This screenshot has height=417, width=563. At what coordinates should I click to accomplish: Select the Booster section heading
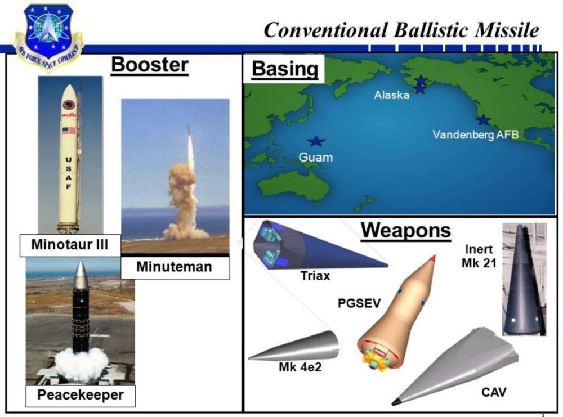coord(150,65)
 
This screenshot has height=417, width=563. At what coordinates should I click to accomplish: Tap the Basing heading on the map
coord(285,69)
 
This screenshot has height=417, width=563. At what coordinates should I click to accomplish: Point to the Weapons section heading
coord(406,230)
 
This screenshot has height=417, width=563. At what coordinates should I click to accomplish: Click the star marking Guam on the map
coord(316,141)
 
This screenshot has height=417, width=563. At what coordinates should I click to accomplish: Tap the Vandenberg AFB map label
coord(475,135)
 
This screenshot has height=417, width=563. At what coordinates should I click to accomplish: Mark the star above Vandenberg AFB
coord(483,120)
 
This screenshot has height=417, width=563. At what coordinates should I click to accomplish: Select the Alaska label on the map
coord(391,95)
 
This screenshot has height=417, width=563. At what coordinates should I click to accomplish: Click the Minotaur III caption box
coord(70,245)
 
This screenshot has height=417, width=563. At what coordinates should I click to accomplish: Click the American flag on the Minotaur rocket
coord(69,131)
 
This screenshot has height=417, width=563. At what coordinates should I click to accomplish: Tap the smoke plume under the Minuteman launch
coord(184,201)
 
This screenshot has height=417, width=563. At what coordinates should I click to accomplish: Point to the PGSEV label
coord(359,303)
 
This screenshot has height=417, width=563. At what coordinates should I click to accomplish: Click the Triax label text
coord(315,276)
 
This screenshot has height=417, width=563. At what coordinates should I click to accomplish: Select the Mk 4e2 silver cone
coord(293,346)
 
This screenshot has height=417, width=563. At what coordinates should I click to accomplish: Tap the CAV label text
coord(494,392)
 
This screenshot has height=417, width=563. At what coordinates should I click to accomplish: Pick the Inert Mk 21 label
coord(479,256)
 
